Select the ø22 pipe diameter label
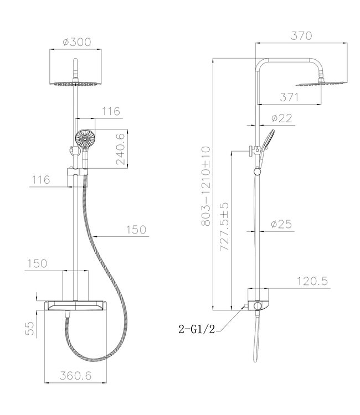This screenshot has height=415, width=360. click(x=282, y=118)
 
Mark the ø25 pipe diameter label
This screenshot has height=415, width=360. click(x=282, y=224)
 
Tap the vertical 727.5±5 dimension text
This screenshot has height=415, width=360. click(x=223, y=226)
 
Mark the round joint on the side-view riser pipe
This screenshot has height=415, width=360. click(x=256, y=174)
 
